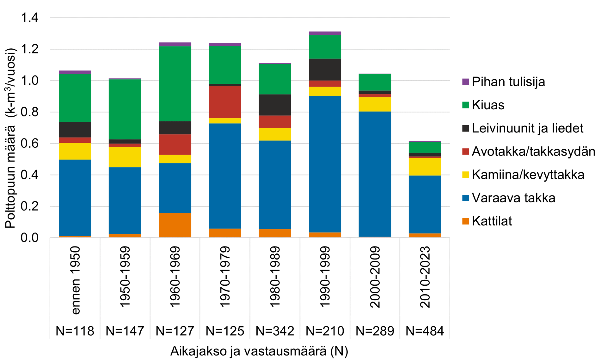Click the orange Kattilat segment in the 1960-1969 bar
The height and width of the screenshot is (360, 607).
[x=175, y=225]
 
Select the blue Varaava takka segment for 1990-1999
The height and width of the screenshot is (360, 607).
[x=325, y=164]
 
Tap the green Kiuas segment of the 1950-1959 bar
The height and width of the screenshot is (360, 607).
[x=125, y=109]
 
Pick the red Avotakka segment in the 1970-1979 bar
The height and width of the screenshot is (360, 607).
[x=225, y=102]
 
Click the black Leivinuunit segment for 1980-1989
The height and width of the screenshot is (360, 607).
[x=275, y=105]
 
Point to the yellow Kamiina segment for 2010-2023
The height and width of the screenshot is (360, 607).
[x=425, y=167]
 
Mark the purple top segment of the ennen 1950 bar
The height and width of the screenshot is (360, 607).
[x=75, y=72]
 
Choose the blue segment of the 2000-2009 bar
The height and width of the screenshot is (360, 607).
[x=375, y=174]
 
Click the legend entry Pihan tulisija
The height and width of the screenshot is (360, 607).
[x=508, y=82]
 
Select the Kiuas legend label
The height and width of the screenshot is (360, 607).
[x=488, y=105]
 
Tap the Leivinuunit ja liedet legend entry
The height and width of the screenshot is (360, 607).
[x=527, y=128]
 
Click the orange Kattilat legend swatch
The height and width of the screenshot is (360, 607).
[x=465, y=221]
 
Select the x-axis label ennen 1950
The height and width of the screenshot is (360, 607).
[x=75, y=280]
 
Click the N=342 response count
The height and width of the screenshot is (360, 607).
[x=275, y=331]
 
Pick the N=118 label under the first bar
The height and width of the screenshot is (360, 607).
[x=75, y=331]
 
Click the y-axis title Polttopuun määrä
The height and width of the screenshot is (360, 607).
[x=11, y=138]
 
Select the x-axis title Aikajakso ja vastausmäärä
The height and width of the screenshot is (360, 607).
[x=259, y=351]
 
